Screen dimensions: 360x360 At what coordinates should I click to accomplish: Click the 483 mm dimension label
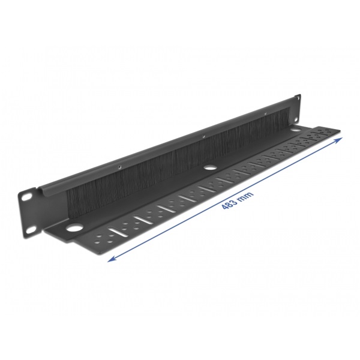(x=238, y=200)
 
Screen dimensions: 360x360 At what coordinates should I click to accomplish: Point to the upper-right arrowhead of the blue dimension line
(x=340, y=140)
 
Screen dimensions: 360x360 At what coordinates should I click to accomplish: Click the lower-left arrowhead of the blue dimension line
(x=112, y=259)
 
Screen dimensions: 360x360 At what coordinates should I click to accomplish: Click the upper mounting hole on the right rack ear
(x=298, y=98)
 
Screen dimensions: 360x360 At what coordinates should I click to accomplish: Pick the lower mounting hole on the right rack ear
(x=296, y=119)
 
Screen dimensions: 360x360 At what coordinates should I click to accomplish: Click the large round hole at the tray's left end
(x=74, y=228)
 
